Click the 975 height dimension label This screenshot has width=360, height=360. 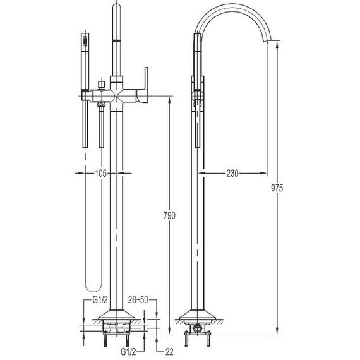coord(277,188)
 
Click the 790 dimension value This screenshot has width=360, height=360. coord(169,215)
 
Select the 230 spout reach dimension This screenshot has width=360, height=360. coord(232,173)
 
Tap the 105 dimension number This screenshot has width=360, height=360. coord(101,173)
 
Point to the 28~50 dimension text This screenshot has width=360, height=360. coord(138,299)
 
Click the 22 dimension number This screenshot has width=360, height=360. coord(169,352)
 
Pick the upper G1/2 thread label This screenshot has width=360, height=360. coord(100,299)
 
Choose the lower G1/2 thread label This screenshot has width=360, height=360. coord(128,352)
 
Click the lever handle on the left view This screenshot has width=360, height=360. coord(143,85)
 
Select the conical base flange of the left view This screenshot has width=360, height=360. coord(116,315)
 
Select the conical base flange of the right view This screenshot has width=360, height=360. coord(198,315)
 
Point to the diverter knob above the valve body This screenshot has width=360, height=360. coord(102,85)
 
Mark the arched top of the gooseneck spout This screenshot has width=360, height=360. coord(232,10)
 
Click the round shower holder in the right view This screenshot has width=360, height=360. coord(198,95)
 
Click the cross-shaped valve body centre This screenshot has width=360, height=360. coord(116,96)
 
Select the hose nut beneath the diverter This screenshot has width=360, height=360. coord(101,104)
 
